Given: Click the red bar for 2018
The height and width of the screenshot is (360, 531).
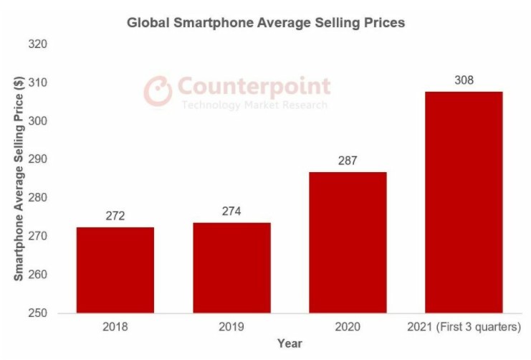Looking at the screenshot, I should click(x=115, y=270).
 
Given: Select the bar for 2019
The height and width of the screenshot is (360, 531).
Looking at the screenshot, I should click(x=231, y=267).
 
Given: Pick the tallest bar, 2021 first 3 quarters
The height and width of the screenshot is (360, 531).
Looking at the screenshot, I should click(x=464, y=202).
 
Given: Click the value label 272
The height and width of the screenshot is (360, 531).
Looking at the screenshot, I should click(x=115, y=215).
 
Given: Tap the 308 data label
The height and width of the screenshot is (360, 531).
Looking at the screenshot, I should click(x=464, y=80).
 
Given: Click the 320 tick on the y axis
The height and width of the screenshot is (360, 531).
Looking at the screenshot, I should click(x=37, y=44).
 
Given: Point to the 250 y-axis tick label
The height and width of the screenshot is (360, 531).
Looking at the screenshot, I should click(x=37, y=313).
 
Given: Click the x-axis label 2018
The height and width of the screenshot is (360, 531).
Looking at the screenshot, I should click(x=115, y=328).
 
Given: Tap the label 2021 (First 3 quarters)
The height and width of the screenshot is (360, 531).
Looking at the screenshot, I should click(x=464, y=328).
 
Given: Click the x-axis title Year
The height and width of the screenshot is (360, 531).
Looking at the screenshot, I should click(x=289, y=344).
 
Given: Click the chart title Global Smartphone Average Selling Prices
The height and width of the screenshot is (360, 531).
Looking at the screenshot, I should click(x=266, y=23).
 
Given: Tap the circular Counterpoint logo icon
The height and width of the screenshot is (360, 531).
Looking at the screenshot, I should click(x=158, y=90).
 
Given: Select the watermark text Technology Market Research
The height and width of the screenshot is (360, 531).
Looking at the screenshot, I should click(x=254, y=105).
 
